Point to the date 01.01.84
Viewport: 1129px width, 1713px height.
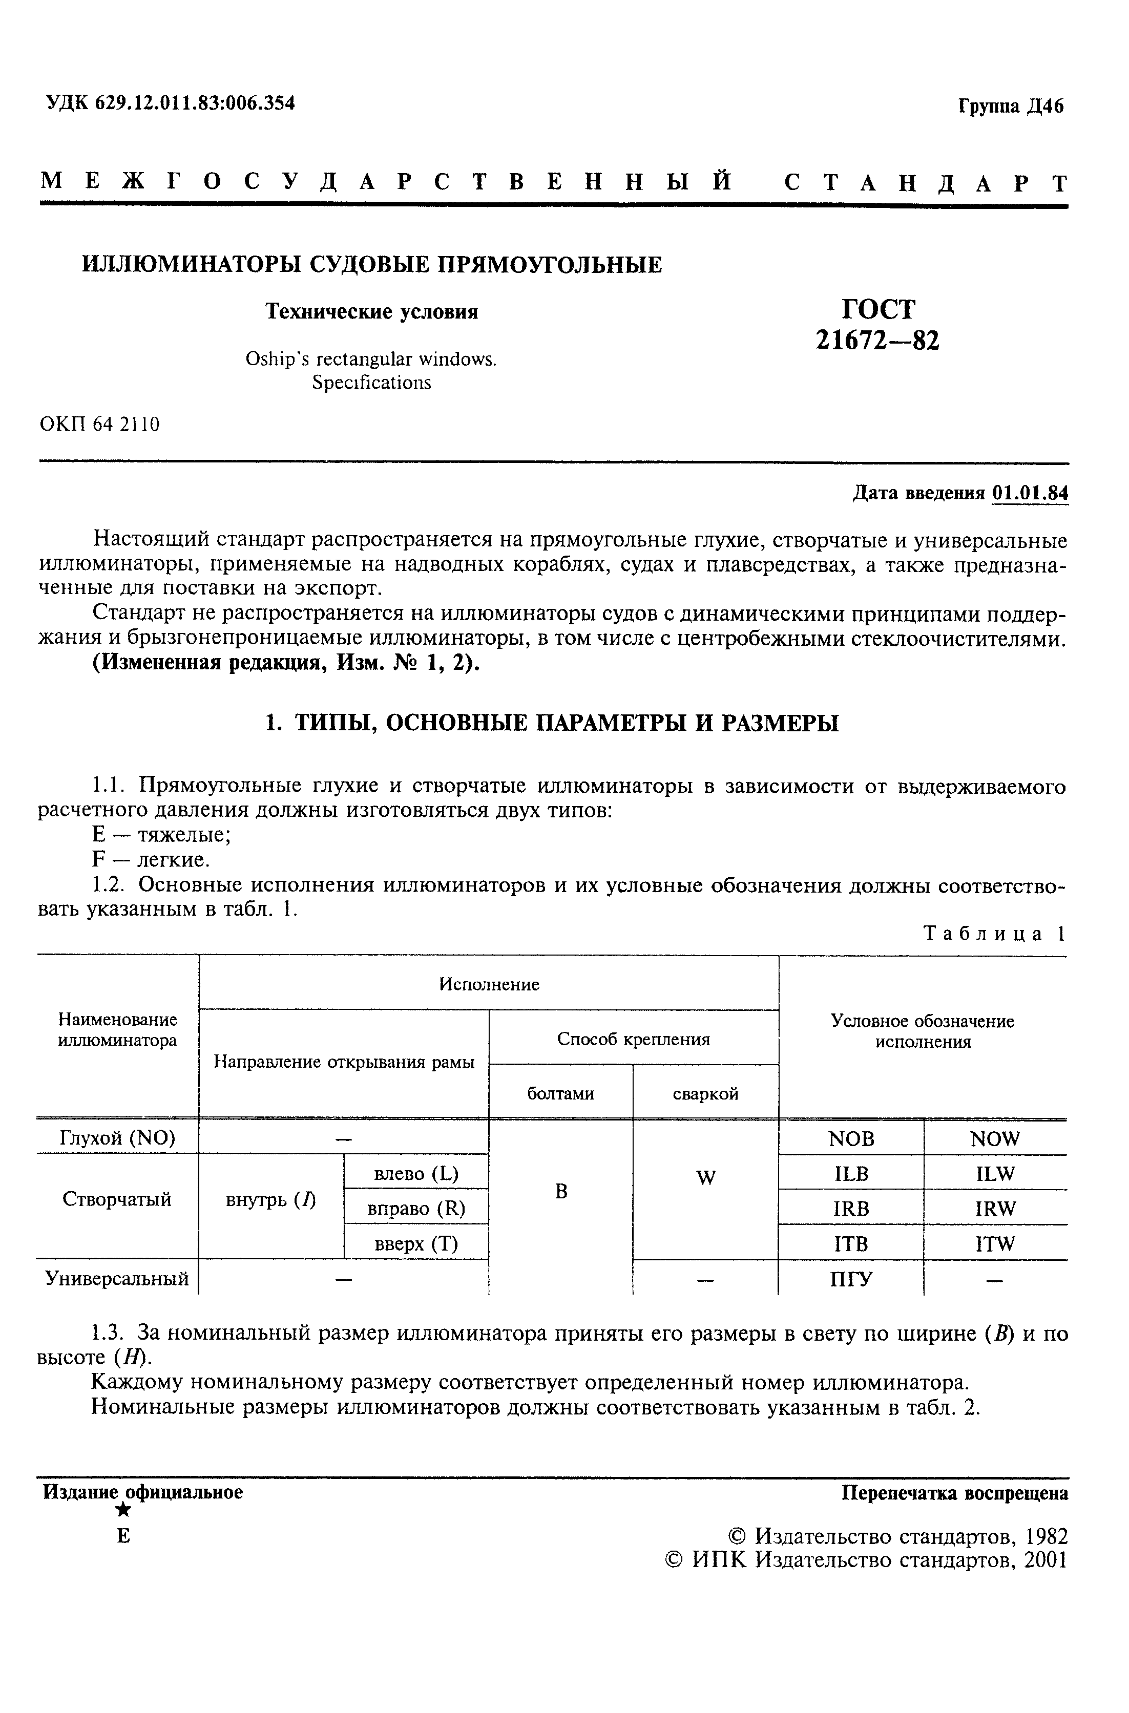pyautogui.click(x=1030, y=493)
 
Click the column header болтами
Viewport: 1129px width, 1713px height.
pyautogui.click(x=560, y=1094)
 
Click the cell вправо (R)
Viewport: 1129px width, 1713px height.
pyautogui.click(x=416, y=1209)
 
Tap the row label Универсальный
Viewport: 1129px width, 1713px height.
pyautogui.click(x=117, y=1279)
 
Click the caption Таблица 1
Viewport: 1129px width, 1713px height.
pyautogui.click(x=994, y=934)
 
